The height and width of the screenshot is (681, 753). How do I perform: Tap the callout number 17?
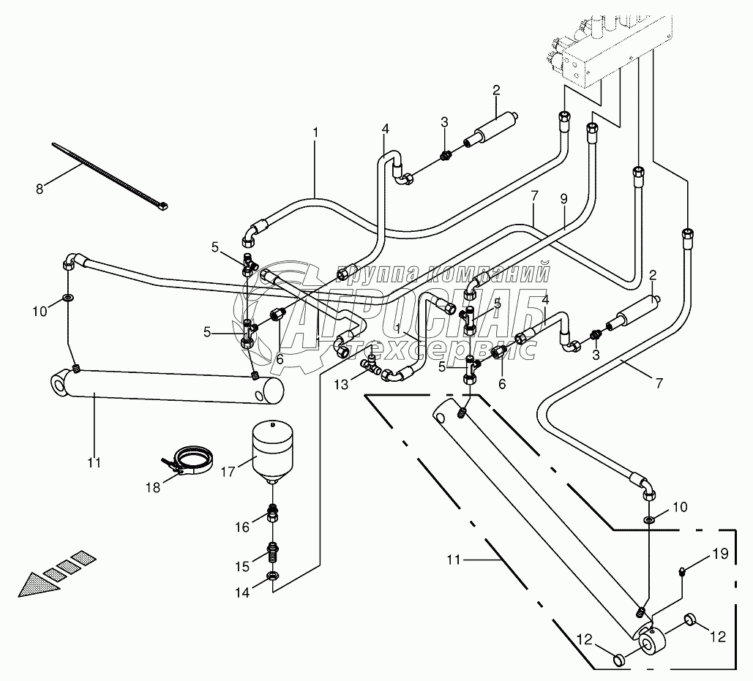coord(227,472)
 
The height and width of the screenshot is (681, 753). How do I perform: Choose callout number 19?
coord(720,554)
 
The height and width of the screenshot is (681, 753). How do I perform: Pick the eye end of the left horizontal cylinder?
coord(59,384)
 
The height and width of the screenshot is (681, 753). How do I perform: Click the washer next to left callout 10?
coord(67,298)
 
